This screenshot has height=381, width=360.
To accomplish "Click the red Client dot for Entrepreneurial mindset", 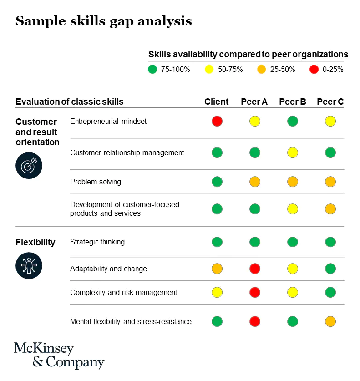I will point(217,121).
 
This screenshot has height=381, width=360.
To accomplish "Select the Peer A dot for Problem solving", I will point(255,182).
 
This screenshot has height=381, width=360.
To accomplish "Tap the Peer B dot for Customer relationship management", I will point(293,152).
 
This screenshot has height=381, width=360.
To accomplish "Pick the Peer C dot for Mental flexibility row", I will point(330,321).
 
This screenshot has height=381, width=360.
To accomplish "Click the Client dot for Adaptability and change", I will point(217,269).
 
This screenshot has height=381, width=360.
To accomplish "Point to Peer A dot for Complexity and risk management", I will point(255,292).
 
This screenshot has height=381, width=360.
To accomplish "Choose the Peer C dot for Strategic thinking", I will point(330,242).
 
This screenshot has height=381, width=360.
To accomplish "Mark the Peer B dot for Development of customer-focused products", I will point(293,209).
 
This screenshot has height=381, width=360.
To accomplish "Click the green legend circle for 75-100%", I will point(152,70).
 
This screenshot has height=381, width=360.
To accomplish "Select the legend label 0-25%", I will point(332,70).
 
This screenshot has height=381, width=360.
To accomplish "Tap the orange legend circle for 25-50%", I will point(261,70).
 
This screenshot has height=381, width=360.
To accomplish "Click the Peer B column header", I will point(292,102).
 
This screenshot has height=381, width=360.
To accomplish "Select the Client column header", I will point(217,102).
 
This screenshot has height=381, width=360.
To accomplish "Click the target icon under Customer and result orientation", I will point(29,165).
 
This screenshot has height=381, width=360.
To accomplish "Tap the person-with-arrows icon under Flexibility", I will point(29,265).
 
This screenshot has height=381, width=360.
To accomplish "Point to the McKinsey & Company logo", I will point(59,356).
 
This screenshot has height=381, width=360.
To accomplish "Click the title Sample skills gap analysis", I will point(103,21).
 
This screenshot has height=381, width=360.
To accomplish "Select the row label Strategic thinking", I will point(97,242).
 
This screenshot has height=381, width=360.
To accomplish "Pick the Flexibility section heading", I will point(35,242).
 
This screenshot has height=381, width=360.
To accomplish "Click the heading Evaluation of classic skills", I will point(70,102).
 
